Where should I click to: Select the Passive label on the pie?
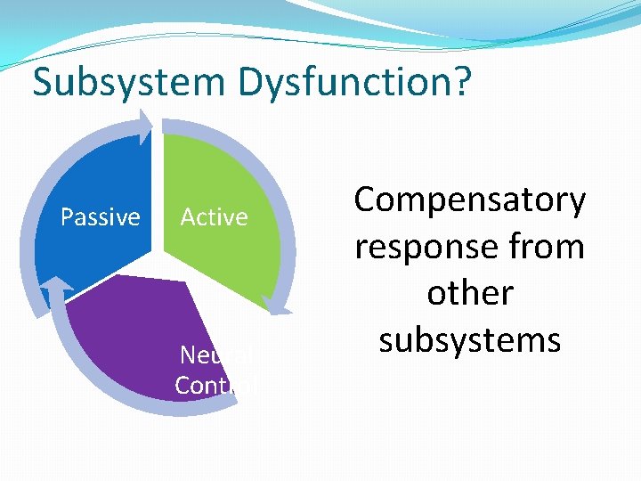[x=100, y=217]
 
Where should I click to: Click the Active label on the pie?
[x=214, y=217]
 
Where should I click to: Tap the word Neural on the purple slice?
[x=214, y=355]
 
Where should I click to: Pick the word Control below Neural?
[x=214, y=385]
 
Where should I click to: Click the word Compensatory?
[x=470, y=200]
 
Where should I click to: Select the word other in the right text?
[x=470, y=293]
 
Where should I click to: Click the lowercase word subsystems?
[x=470, y=339]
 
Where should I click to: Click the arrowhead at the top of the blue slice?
[x=144, y=125]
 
